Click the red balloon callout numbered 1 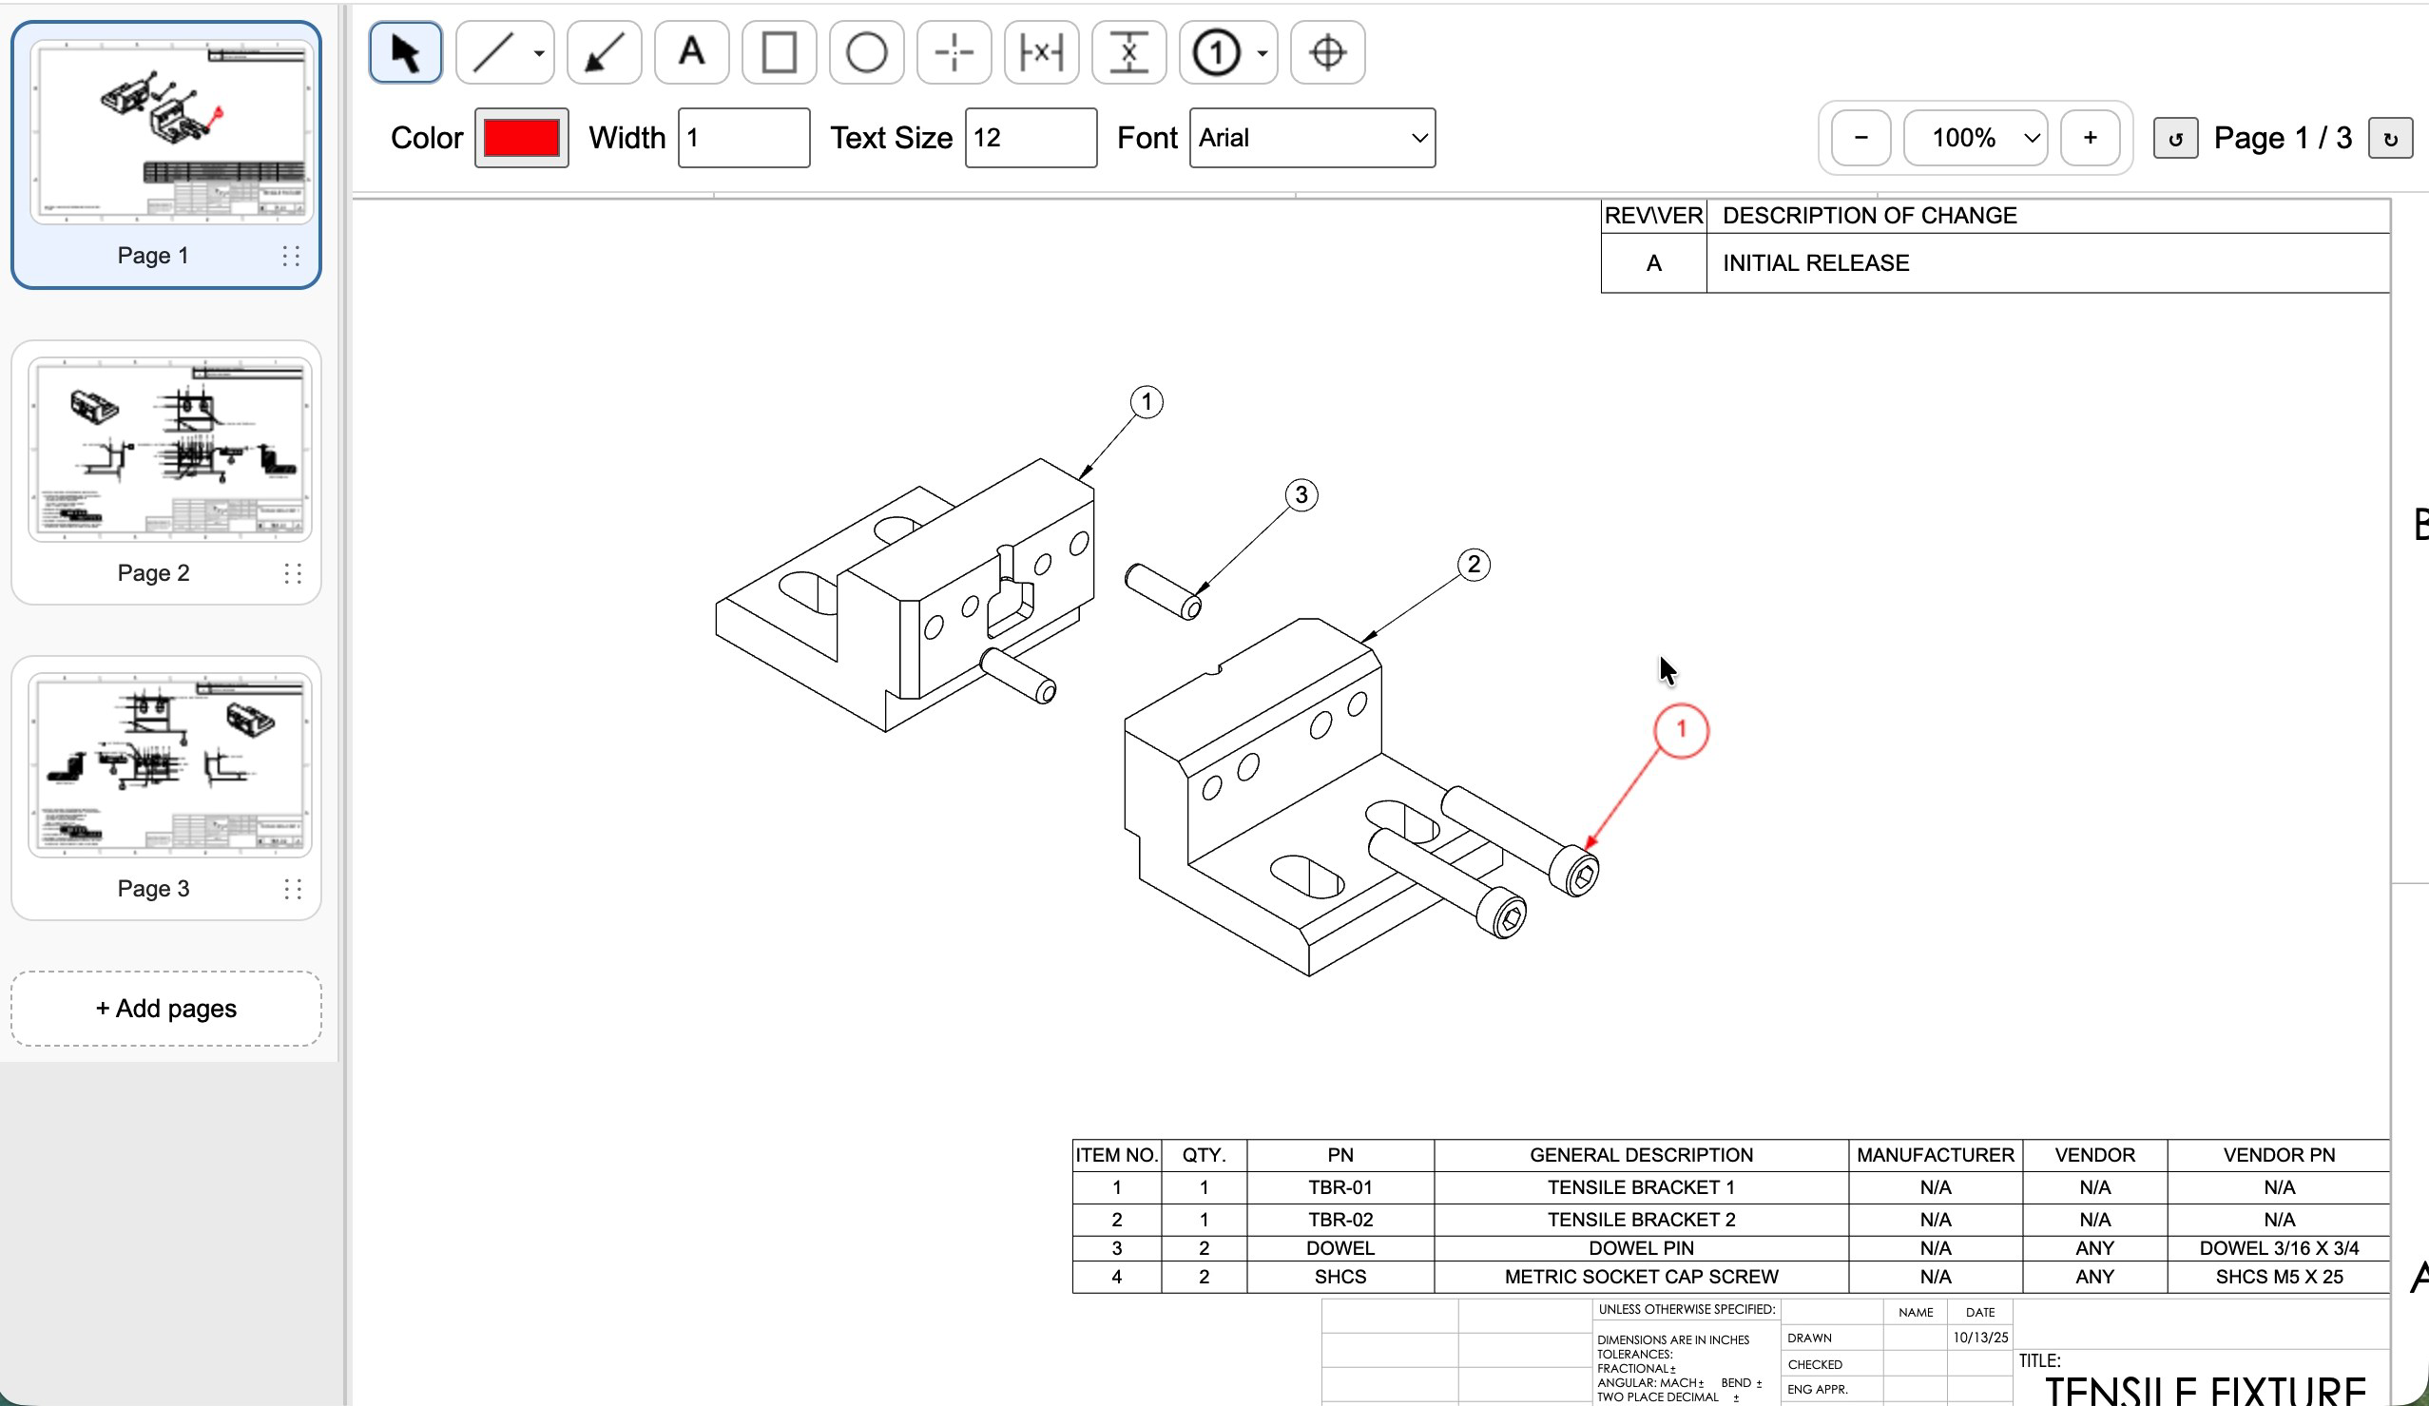[1680, 729]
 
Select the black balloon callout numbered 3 [1301, 495]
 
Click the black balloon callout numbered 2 [1473, 565]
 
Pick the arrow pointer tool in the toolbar [406, 52]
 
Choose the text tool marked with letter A [691, 52]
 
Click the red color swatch [521, 138]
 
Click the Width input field [743, 138]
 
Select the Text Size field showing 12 [1030, 138]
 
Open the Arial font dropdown [1311, 138]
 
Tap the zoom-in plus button [2089, 138]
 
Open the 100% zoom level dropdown [1975, 138]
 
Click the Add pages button [165, 1008]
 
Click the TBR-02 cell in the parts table [1340, 1219]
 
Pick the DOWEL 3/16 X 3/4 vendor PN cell [2278, 1248]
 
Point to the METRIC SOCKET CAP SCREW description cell [1641, 1277]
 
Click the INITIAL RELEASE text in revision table [1815, 263]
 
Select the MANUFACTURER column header [1935, 1154]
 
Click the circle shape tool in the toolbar [865, 52]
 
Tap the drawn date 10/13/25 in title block [1980, 1338]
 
